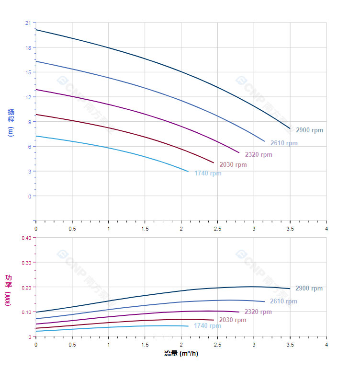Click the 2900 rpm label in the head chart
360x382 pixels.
(309, 130)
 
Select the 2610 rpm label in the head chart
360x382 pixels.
(284, 143)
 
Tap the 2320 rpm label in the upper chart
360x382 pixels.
(259, 155)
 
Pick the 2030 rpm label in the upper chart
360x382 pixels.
(233, 165)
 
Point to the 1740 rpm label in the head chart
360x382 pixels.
(208, 174)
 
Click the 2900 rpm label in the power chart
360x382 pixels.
(309, 289)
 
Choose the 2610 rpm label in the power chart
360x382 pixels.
(283, 301)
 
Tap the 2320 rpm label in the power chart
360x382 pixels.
(258, 312)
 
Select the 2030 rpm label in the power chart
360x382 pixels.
(233, 320)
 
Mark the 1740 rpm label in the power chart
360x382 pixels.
(207, 326)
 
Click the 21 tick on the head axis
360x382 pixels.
(28, 23)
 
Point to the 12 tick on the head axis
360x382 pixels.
(28, 97)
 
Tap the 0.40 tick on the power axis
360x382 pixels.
(26, 238)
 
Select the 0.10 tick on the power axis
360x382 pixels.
(26, 312)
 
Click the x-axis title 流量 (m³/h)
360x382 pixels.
(181, 354)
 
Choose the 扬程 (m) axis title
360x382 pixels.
(11, 123)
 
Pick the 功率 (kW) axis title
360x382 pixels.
(8, 290)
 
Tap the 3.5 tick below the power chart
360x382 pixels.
(290, 345)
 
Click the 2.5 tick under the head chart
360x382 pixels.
(217, 229)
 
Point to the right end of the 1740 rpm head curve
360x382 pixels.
(188, 172)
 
